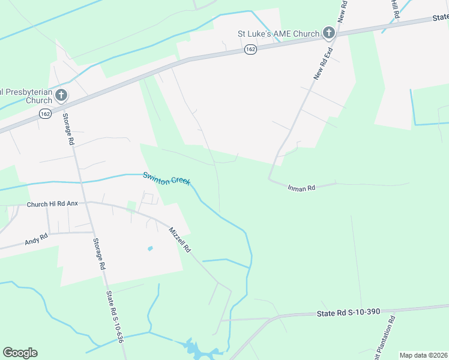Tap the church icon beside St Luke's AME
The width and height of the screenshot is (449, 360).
tap(329, 33)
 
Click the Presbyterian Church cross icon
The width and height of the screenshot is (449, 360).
tap(61, 95)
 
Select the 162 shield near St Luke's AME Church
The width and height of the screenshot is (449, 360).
tap(251, 49)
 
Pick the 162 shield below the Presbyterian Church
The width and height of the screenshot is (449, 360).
tap(46, 113)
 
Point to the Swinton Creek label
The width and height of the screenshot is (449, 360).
tap(167, 179)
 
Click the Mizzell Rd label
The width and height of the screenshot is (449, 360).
tap(179, 239)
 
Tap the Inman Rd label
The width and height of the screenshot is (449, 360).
tap(303, 188)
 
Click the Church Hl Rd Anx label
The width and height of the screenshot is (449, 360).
tap(52, 204)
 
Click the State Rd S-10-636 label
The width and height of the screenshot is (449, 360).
tap(115, 319)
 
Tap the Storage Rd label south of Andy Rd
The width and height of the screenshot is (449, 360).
tap(100, 254)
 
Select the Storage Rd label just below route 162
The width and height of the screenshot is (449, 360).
tap(68, 131)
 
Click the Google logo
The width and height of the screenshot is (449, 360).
tap(20, 353)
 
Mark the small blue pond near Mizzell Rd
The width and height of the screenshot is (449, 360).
tap(150, 248)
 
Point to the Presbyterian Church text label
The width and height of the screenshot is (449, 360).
tap(26, 96)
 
